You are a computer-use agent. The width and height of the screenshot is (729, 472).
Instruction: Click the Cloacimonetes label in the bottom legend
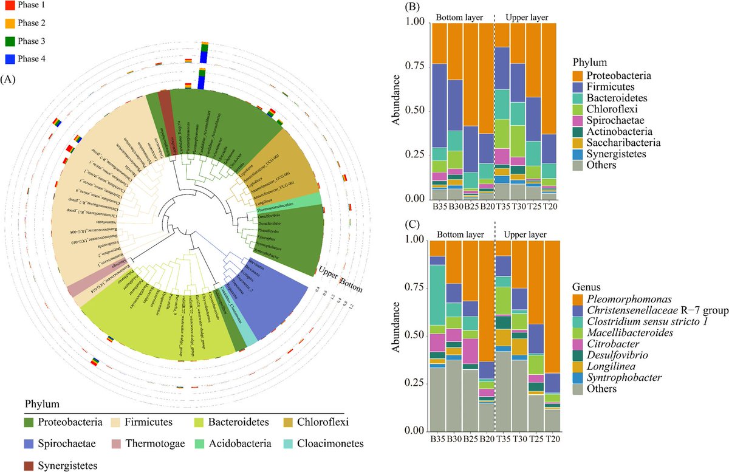(x=334, y=443)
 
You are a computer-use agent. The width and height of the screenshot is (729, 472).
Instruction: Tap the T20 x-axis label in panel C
(x=551, y=439)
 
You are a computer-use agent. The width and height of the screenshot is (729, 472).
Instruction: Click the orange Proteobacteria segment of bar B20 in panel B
(x=486, y=79)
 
